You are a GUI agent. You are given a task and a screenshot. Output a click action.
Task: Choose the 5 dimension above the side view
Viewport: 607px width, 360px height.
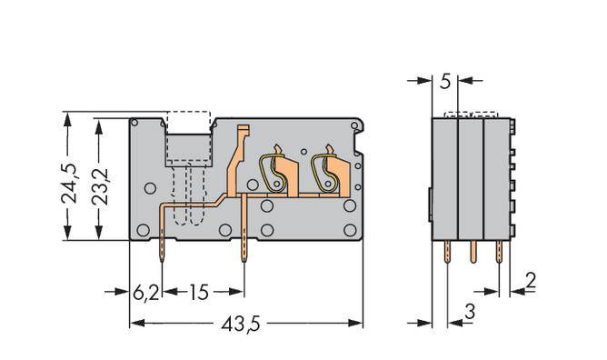coord(444,82)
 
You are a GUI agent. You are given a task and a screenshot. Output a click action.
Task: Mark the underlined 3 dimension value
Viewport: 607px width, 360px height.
coord(469,313)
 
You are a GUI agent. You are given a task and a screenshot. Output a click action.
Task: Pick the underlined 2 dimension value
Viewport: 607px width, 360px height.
coord(530,281)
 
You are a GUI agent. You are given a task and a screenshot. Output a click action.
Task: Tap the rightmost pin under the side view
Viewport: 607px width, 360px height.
coord(498,258)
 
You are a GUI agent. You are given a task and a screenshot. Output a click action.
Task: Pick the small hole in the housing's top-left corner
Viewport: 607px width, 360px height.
coord(134,123)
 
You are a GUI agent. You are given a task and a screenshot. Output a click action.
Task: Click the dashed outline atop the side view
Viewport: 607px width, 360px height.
coord(471,115)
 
